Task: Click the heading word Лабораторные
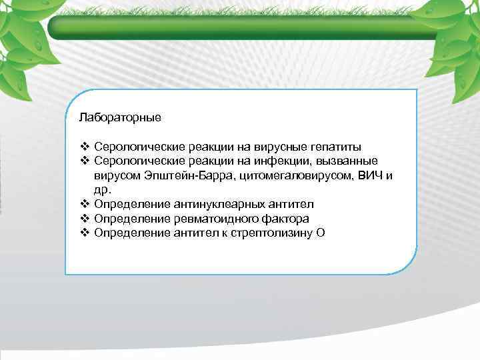click(119, 117)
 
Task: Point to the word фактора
click(285, 219)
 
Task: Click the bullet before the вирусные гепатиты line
click(84, 147)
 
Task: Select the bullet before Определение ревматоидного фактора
click(84, 219)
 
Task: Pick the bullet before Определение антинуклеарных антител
click(84, 204)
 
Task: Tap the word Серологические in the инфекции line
click(135, 161)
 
